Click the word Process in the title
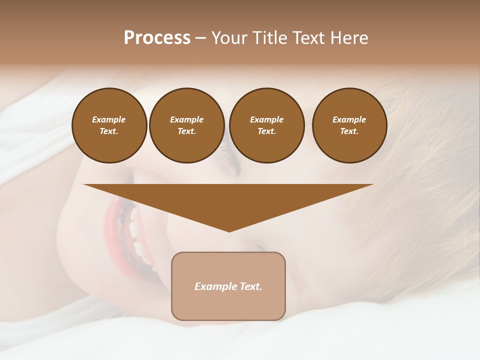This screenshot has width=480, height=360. pyautogui.click(x=157, y=38)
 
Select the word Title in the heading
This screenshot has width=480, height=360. pyautogui.click(x=270, y=38)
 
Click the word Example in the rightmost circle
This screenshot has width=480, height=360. pyautogui.click(x=349, y=119)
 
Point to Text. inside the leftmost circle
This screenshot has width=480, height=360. pyautogui.click(x=109, y=131)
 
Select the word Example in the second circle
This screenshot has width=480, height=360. pyautogui.click(x=186, y=119)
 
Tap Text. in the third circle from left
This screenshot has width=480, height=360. pyautogui.click(x=266, y=131)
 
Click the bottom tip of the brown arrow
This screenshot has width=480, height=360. pyautogui.click(x=229, y=230)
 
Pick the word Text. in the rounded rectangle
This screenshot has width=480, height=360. pyautogui.click(x=250, y=286)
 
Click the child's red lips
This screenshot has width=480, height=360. pyautogui.click(x=111, y=220)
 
